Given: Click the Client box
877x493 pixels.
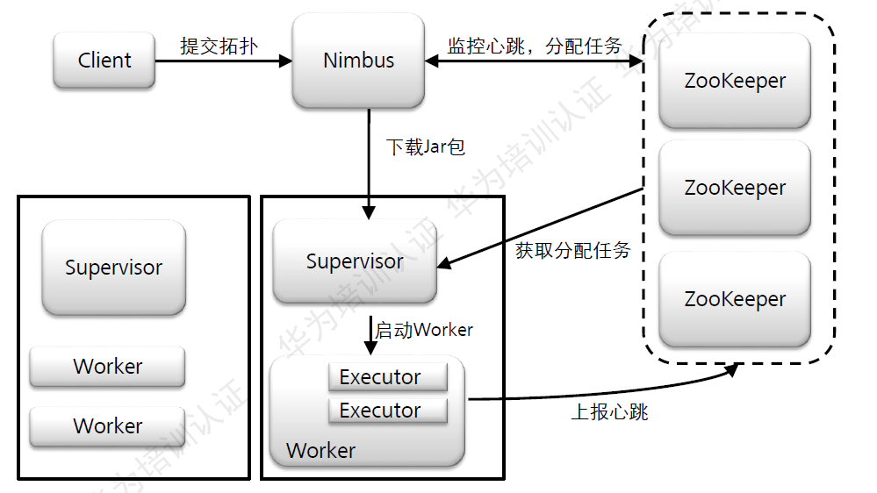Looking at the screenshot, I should (x=104, y=61).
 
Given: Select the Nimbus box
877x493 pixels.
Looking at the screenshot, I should (x=358, y=61).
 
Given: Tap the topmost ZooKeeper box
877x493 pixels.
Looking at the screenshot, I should (x=735, y=81).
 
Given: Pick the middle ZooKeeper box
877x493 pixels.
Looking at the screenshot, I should (x=735, y=188).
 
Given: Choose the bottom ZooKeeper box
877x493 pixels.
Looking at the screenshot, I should (x=735, y=299).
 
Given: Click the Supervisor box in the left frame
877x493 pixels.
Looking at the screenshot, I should (x=113, y=268).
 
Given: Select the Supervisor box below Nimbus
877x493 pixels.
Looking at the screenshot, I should (x=355, y=261).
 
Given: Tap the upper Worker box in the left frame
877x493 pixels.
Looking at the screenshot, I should (x=107, y=367).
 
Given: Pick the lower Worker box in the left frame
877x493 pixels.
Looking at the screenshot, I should (x=107, y=426).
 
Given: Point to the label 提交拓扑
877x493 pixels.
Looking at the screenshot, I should (x=219, y=46).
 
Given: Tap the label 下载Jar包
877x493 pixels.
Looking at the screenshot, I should (x=426, y=146).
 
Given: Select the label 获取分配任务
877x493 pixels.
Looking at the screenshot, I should (x=573, y=250).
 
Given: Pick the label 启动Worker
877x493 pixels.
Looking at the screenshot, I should (x=424, y=330).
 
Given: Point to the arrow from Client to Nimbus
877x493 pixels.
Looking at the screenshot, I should (x=223, y=61).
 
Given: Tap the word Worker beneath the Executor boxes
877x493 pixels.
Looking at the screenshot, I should (x=320, y=451).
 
